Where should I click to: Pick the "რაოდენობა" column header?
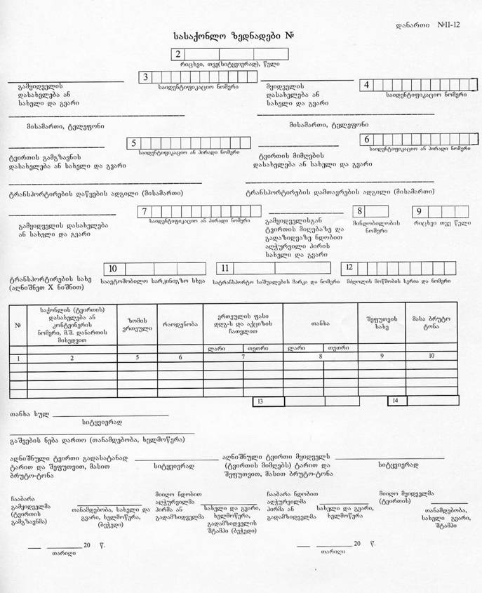(180, 324)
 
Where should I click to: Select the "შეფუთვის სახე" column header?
(382, 324)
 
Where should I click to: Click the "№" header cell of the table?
(18, 324)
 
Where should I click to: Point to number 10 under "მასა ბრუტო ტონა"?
(431, 357)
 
